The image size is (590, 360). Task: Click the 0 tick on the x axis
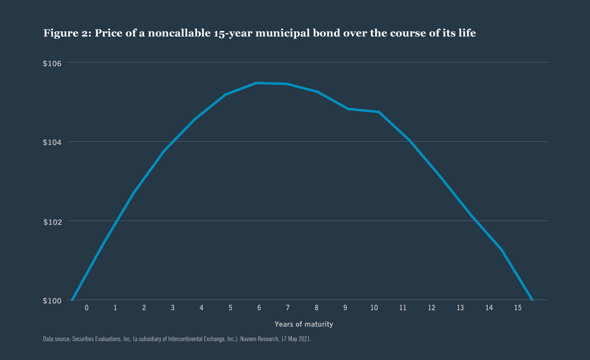(x=86, y=308)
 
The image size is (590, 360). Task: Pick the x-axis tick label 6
(x=259, y=308)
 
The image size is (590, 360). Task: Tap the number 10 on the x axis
(x=374, y=308)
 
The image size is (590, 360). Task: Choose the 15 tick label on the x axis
(x=518, y=308)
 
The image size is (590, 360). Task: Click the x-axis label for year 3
(x=173, y=308)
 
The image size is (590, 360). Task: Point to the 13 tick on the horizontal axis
(x=460, y=308)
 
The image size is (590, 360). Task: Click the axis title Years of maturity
(x=303, y=324)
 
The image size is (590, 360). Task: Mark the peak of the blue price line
(x=256, y=83)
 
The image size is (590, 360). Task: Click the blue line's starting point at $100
(x=72, y=299)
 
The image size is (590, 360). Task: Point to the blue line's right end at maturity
(x=532, y=299)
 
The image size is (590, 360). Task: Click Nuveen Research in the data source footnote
(x=257, y=338)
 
